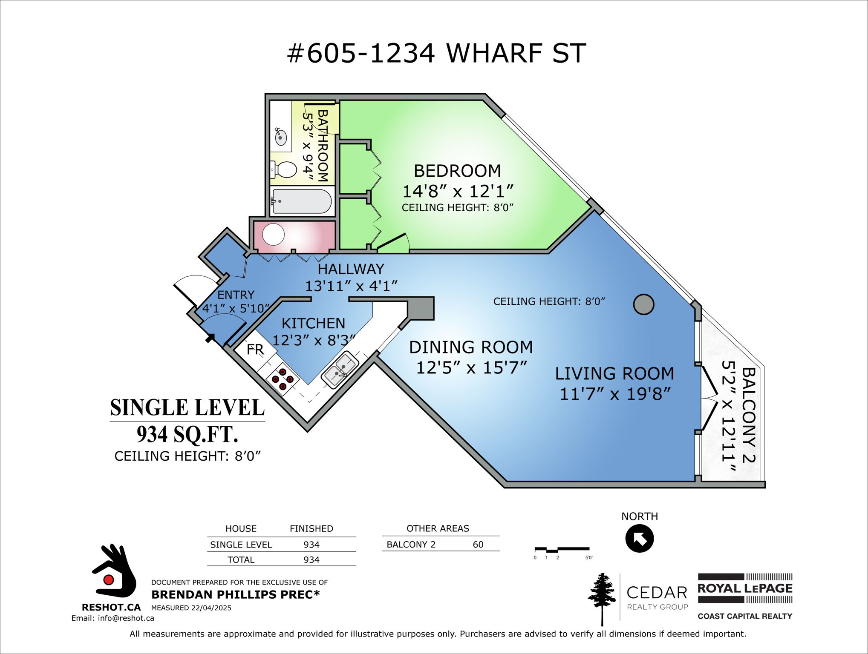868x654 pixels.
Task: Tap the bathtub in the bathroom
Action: tap(302, 201)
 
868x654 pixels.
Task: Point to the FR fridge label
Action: tap(255, 350)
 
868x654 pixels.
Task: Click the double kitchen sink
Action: tap(340, 369)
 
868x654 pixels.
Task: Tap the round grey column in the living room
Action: tap(643, 304)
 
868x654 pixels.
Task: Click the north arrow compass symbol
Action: tap(639, 539)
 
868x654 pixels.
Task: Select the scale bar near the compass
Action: tap(562, 550)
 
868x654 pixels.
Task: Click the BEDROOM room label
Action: tap(457, 171)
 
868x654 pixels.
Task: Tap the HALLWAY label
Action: tap(351, 269)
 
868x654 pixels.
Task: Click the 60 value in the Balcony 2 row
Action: tap(478, 545)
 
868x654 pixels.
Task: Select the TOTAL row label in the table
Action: tap(241, 560)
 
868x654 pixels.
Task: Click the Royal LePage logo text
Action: tap(744, 588)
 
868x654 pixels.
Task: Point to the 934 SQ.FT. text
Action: tap(187, 435)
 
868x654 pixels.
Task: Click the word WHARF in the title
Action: tap(494, 54)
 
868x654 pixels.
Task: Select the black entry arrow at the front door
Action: tap(210, 338)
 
